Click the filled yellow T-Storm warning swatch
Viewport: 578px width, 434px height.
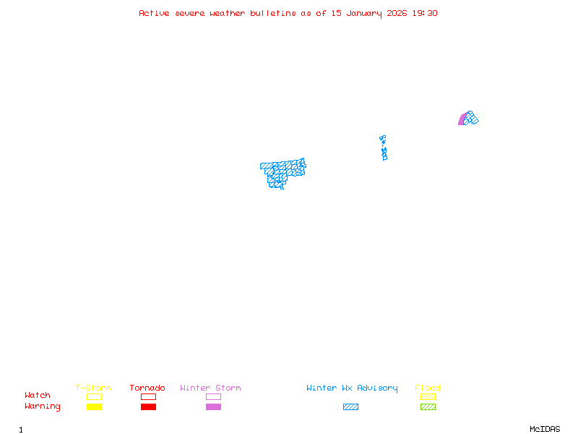pyautogui.click(x=94, y=407)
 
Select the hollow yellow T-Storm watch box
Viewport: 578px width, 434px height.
pyautogui.click(x=94, y=396)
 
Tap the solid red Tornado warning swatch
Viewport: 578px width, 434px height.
pyautogui.click(x=148, y=407)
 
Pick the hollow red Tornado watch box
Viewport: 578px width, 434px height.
pyautogui.click(x=148, y=396)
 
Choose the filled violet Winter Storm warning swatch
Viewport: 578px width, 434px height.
pyautogui.click(x=213, y=407)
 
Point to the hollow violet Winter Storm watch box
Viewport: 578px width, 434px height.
pyautogui.click(x=213, y=396)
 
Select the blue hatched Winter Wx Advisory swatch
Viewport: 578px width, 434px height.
pyautogui.click(x=350, y=407)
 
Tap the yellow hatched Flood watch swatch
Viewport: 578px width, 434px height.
pyautogui.click(x=428, y=396)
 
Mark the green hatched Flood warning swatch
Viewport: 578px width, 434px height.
pyautogui.click(x=428, y=407)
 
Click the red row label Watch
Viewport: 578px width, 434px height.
pyautogui.click(x=38, y=396)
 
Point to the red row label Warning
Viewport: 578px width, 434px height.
pyautogui.click(x=43, y=407)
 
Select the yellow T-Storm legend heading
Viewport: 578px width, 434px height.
pyautogui.click(x=93, y=388)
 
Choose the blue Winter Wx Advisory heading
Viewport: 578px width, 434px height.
pyautogui.click(x=352, y=388)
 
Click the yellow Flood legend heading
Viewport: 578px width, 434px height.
pyautogui.click(x=428, y=388)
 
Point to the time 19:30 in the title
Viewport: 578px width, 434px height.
pyautogui.click(x=425, y=13)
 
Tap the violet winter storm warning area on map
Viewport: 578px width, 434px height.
pyautogui.click(x=462, y=120)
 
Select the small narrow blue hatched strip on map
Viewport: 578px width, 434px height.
pyautogui.click(x=384, y=148)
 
